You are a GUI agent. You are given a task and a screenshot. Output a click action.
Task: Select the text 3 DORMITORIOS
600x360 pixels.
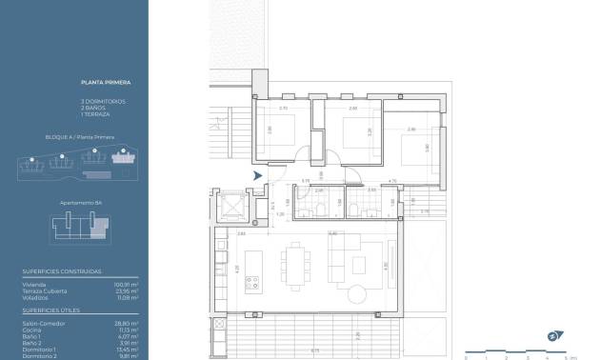[103, 101]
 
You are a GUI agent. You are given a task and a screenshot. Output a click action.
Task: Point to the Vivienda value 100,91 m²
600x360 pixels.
[127, 284]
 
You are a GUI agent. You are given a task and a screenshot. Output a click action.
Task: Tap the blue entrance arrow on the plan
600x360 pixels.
[257, 175]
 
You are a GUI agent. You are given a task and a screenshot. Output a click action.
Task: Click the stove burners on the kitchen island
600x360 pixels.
[254, 282]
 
